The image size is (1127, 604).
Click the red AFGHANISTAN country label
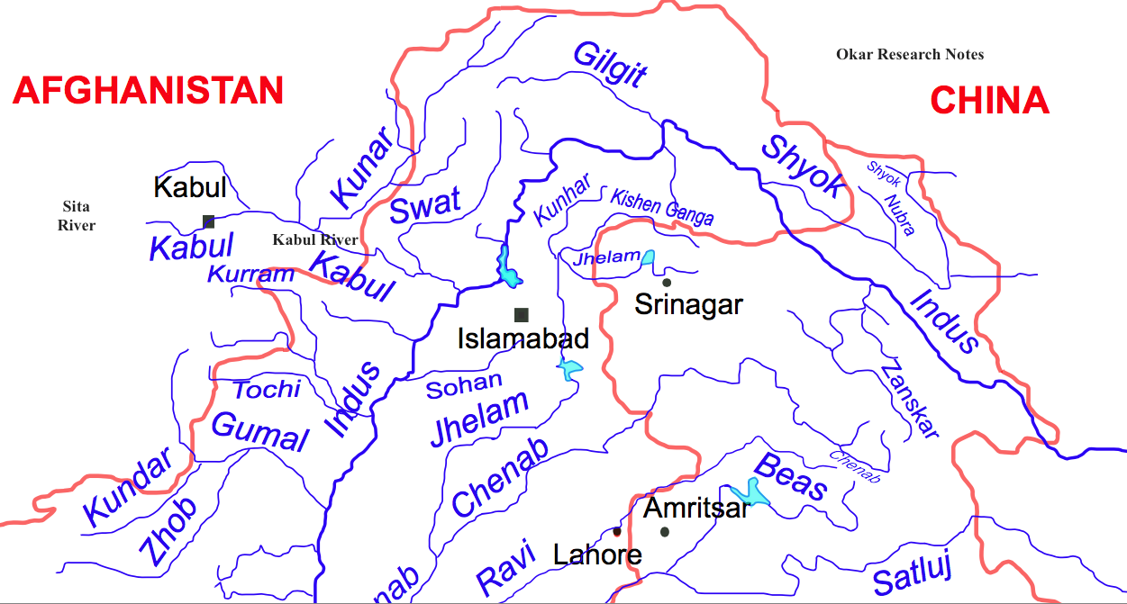click(149, 90)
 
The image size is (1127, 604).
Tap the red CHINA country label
click(989, 100)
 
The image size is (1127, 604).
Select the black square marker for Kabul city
click(209, 221)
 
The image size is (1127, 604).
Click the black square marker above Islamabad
click(521, 314)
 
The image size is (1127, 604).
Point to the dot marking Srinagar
click(667, 283)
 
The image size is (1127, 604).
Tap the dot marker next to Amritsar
click(665, 532)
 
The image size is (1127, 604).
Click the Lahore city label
click(597, 554)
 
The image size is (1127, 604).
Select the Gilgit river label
click(610, 64)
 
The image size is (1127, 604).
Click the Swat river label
click(425, 206)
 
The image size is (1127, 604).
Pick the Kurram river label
click(251, 274)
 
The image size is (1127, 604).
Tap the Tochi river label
click(267, 389)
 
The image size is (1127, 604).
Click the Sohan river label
click(464, 386)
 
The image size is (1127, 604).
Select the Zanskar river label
click(910, 400)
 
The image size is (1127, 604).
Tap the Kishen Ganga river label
click(662, 207)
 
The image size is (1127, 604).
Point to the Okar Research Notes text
click(910, 55)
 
